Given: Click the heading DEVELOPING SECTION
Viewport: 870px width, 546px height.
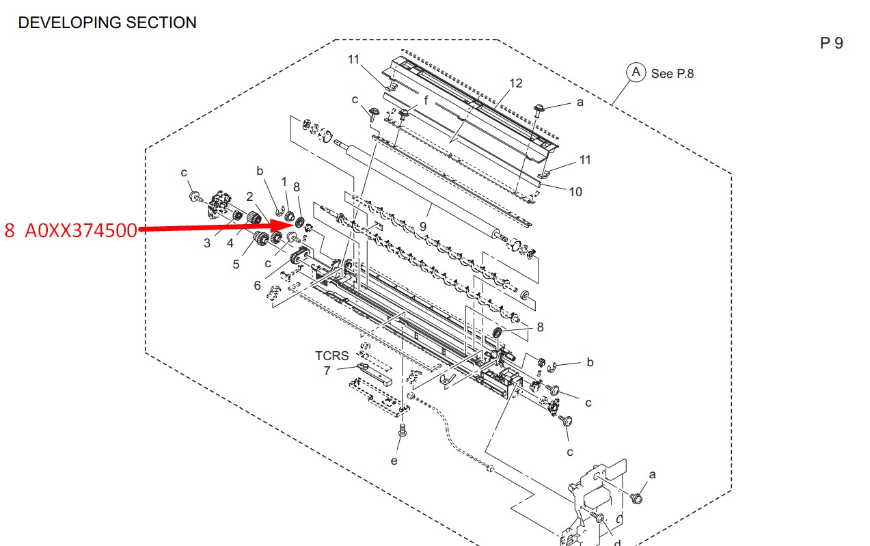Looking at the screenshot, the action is point(107,23).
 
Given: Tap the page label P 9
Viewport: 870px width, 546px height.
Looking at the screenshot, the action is point(831,43).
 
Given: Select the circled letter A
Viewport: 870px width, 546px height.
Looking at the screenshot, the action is point(636,72).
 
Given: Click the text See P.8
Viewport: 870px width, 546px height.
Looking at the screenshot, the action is point(672,74).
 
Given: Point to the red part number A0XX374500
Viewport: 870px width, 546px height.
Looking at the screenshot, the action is point(81,230).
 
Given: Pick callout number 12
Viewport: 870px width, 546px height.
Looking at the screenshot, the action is point(515,83).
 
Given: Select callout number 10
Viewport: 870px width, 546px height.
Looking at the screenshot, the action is point(575,192).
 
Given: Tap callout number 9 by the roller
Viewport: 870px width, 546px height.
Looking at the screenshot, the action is point(423,226).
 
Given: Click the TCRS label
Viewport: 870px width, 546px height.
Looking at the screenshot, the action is point(331,356).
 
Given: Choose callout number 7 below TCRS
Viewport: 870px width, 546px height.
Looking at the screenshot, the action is point(327,371).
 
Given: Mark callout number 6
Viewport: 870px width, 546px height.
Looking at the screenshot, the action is point(257,286).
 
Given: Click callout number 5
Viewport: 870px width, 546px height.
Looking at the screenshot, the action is point(236,264).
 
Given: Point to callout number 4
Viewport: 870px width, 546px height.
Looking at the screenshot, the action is point(230,243).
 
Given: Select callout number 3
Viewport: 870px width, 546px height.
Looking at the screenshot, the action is point(207,243).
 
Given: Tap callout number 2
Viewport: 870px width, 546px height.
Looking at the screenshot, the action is point(249,197).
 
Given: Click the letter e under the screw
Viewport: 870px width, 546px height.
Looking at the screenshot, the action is point(394,461).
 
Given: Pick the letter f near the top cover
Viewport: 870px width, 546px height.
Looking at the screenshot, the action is point(426,100).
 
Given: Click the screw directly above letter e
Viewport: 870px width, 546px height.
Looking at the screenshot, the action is point(403,430).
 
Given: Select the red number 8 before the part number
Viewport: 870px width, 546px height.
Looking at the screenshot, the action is point(10,230).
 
